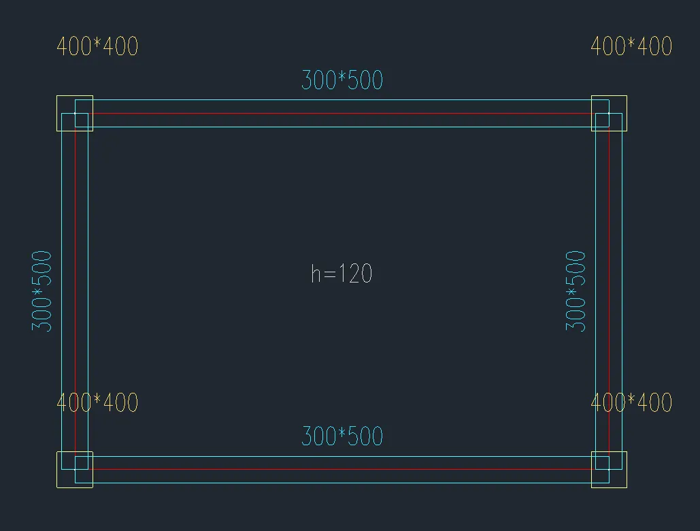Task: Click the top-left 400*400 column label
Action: pyautogui.click(x=97, y=46)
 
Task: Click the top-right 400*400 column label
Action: pyautogui.click(x=631, y=46)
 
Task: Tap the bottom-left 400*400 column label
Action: pyautogui.click(x=97, y=402)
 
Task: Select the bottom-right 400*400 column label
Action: pyautogui.click(x=631, y=402)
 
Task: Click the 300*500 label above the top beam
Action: pyautogui.click(x=342, y=80)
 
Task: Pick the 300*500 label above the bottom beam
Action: pyautogui.click(x=342, y=436)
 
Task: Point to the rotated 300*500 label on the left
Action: pyautogui.click(x=42, y=291)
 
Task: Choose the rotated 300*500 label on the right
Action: pyautogui.click(x=576, y=291)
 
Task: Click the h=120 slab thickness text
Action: pyautogui.click(x=341, y=274)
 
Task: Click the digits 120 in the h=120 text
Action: pyautogui.click(x=355, y=274)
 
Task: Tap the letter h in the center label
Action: pyautogui.click(x=316, y=274)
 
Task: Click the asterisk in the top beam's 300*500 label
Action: pyautogui.click(x=342, y=79)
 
